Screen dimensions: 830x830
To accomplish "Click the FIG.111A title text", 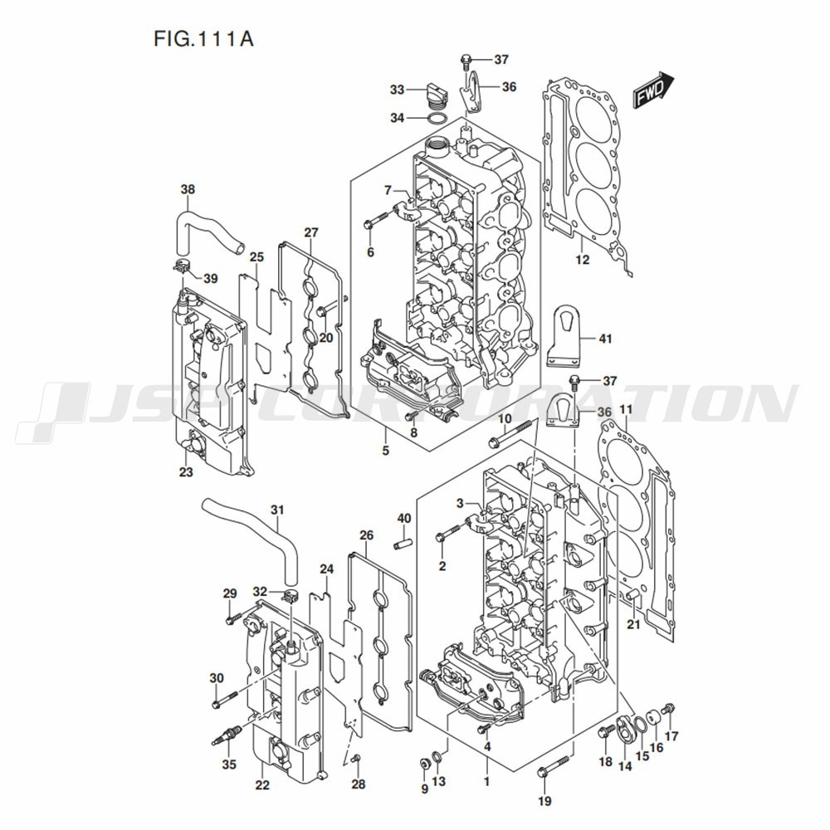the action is click(x=203, y=39).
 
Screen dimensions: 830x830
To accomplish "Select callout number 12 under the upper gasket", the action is click(x=582, y=259).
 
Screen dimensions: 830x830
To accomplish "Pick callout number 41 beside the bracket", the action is click(x=604, y=338).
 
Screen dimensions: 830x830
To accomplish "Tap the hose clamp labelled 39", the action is click(x=182, y=266).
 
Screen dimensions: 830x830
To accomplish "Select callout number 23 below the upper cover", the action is click(x=186, y=471).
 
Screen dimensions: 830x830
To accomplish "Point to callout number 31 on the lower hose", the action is click(x=277, y=510).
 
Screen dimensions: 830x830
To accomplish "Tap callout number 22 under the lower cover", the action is click(x=262, y=784).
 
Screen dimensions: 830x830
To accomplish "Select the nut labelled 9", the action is click(x=424, y=764).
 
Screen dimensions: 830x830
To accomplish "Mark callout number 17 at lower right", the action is click(x=671, y=735).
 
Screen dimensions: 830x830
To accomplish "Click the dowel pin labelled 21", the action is click(x=631, y=597).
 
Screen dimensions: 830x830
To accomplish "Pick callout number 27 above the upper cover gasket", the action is click(x=310, y=232).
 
